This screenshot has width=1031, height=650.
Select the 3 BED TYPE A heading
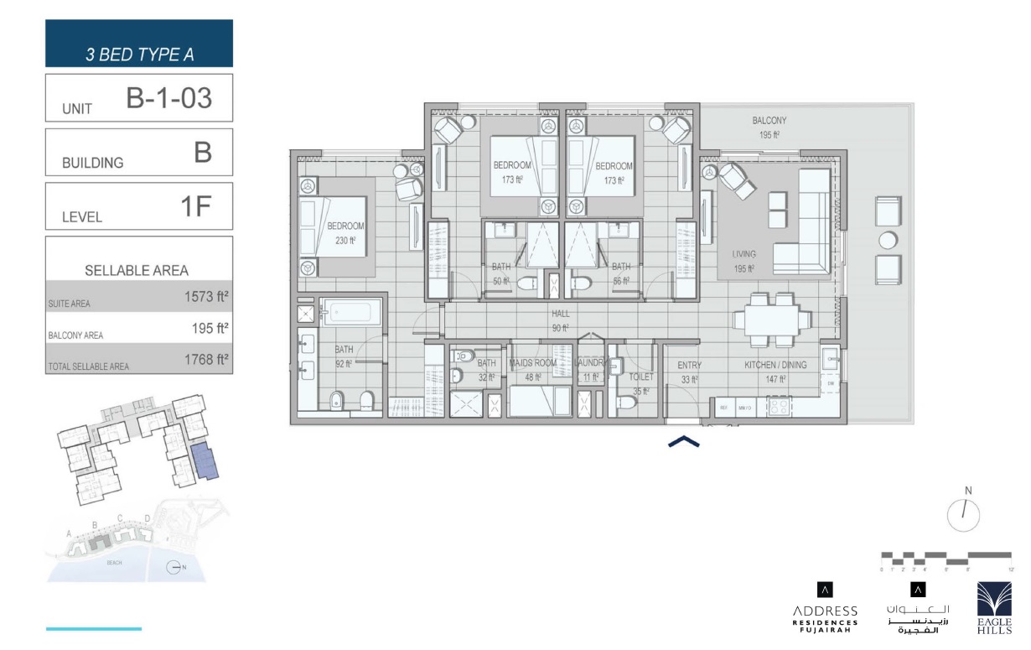coord(139,55)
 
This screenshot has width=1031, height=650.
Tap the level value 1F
coord(194,207)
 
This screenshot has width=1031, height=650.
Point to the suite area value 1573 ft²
coord(206,295)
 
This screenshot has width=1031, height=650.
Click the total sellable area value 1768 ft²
coord(206,361)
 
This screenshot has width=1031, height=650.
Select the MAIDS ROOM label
coord(533,371)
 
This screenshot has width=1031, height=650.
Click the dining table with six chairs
coord(772,320)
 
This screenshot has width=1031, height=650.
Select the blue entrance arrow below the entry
coord(683,441)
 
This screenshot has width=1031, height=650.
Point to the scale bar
coord(946,557)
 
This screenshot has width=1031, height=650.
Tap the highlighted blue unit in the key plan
coord(205,462)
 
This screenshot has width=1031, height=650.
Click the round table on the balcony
coord(888,241)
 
